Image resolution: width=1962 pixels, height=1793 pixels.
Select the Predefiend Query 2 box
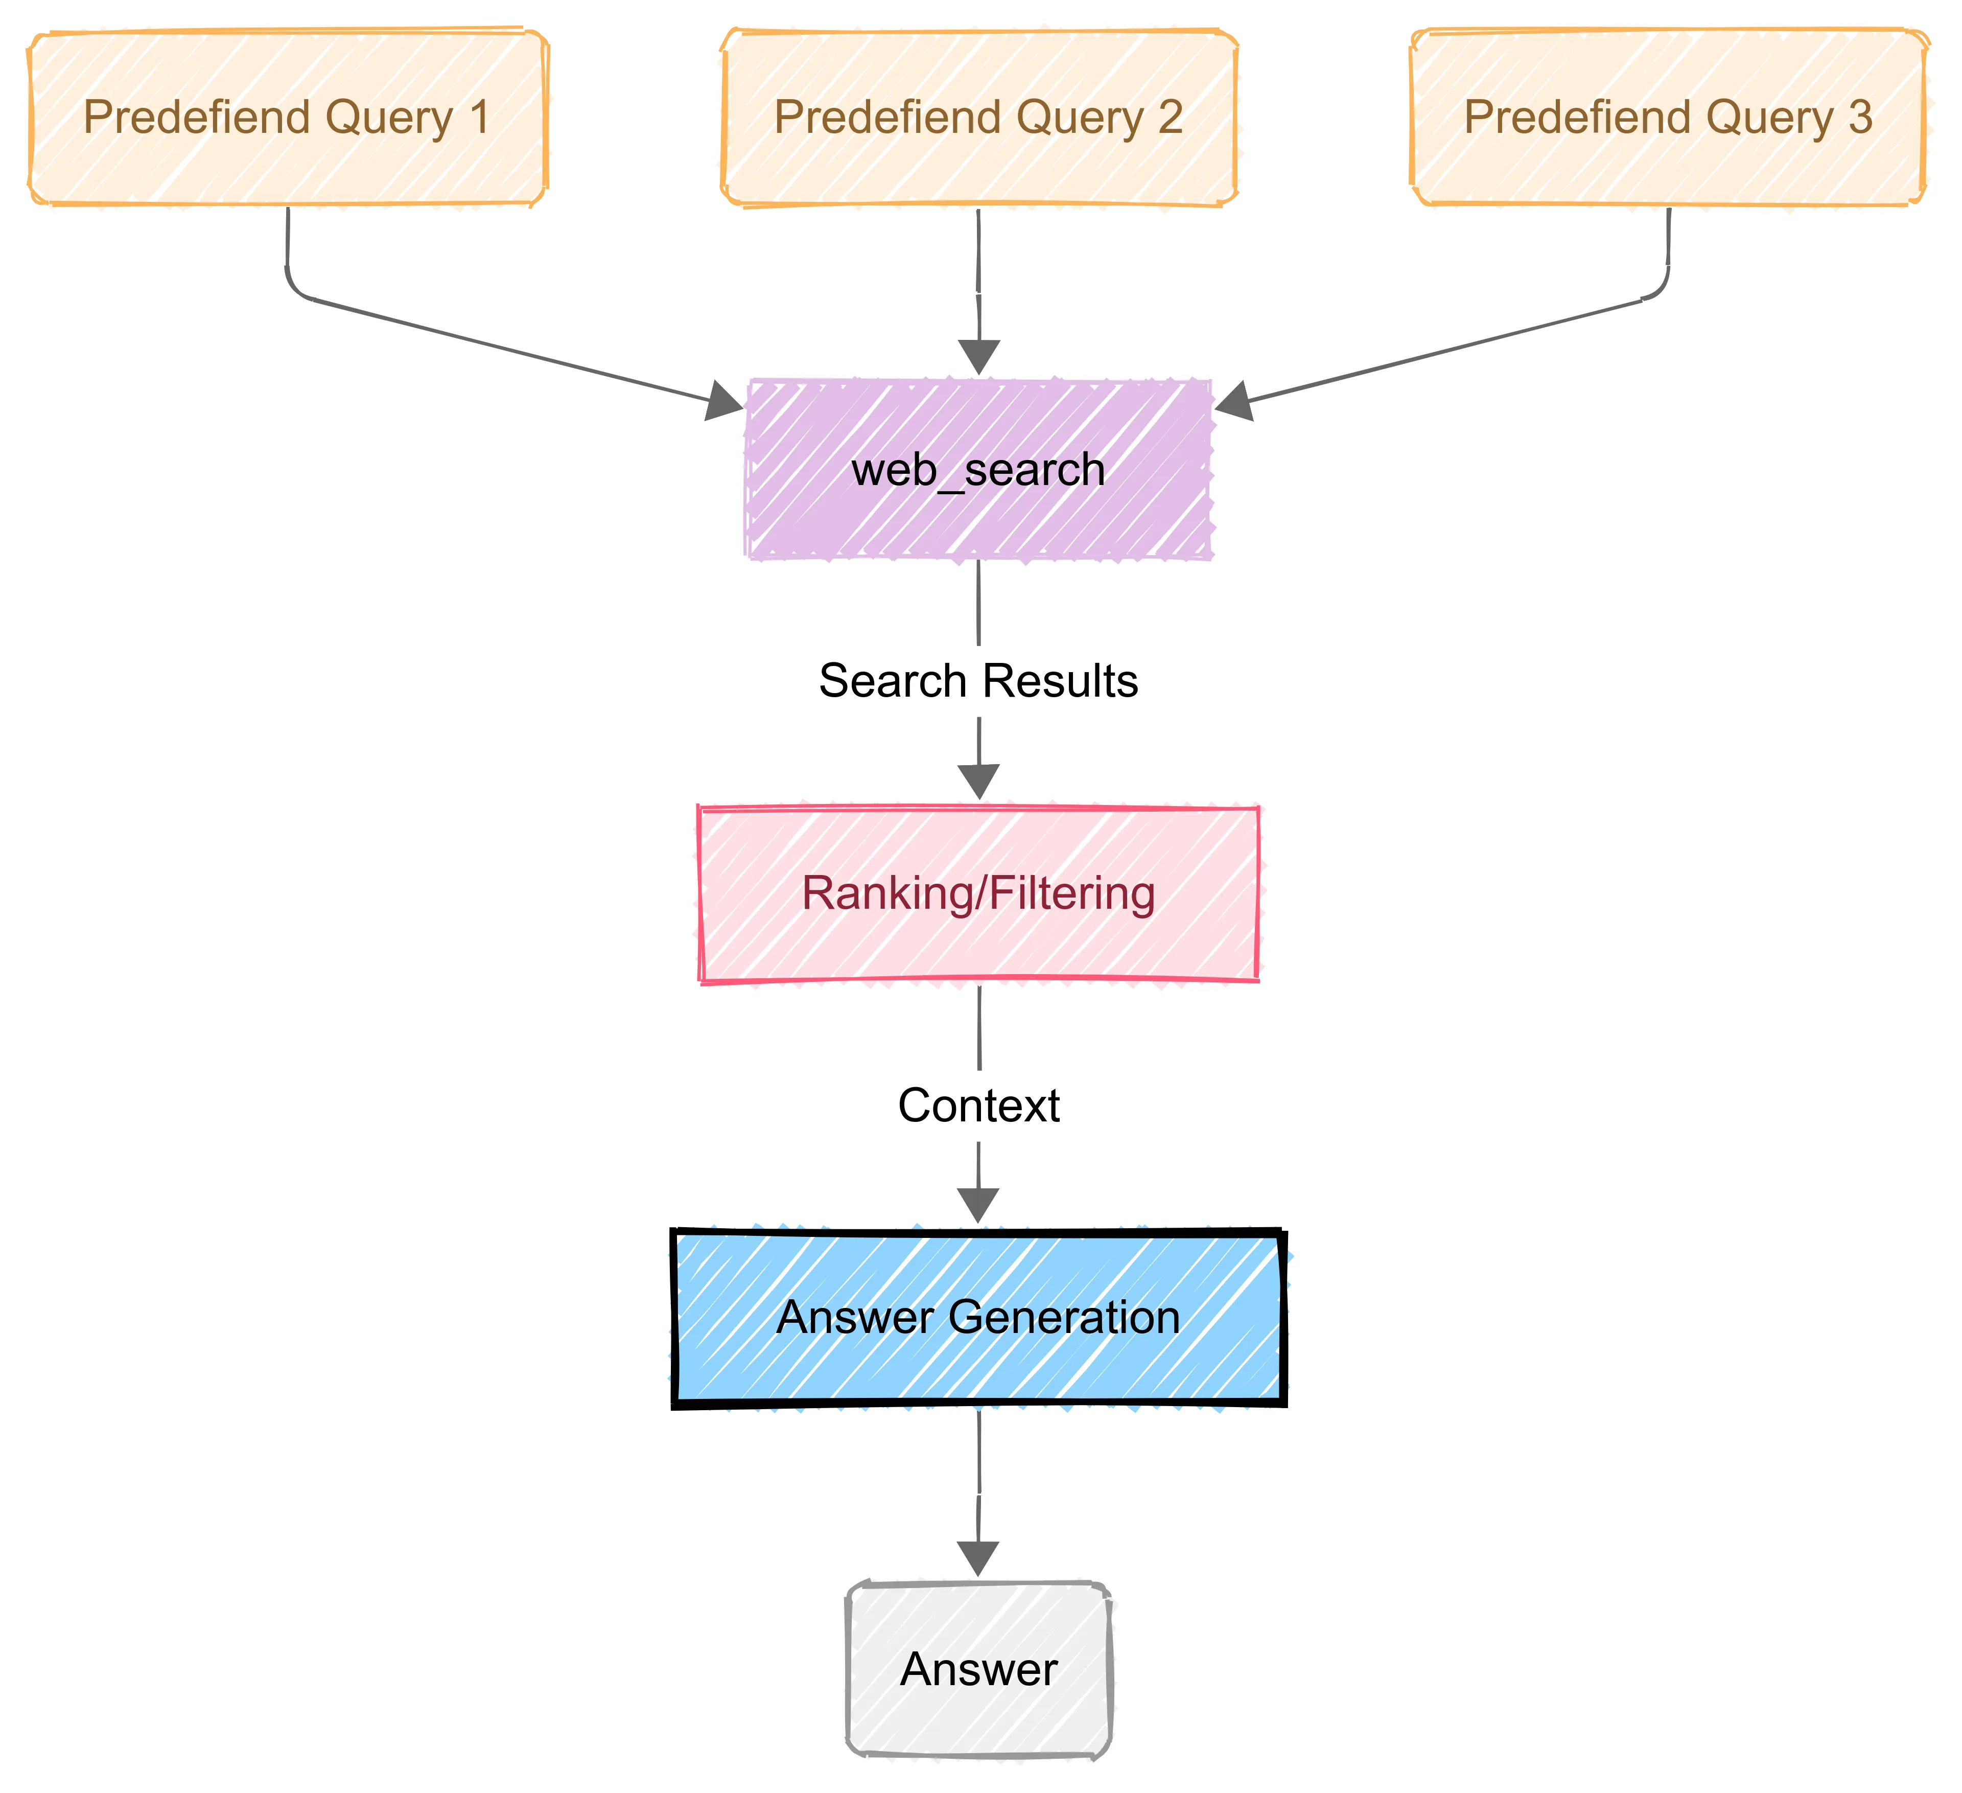point(978,118)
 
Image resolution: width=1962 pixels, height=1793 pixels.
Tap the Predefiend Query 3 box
point(1668,118)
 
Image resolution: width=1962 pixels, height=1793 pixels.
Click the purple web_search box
point(978,469)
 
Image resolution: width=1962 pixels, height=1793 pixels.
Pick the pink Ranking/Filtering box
point(978,893)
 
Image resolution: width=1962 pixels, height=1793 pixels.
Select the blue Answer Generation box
point(978,1318)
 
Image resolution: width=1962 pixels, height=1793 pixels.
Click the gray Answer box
point(978,1670)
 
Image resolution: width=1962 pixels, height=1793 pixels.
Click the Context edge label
point(978,1106)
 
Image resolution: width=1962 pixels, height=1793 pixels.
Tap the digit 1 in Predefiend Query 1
point(479,118)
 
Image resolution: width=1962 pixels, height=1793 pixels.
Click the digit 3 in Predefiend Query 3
point(1860,118)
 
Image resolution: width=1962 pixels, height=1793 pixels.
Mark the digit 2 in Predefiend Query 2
point(1170,118)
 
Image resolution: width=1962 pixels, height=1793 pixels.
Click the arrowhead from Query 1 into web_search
point(724,401)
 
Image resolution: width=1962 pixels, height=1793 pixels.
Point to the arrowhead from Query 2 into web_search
point(978,357)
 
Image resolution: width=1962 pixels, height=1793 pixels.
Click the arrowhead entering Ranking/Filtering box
point(978,781)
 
